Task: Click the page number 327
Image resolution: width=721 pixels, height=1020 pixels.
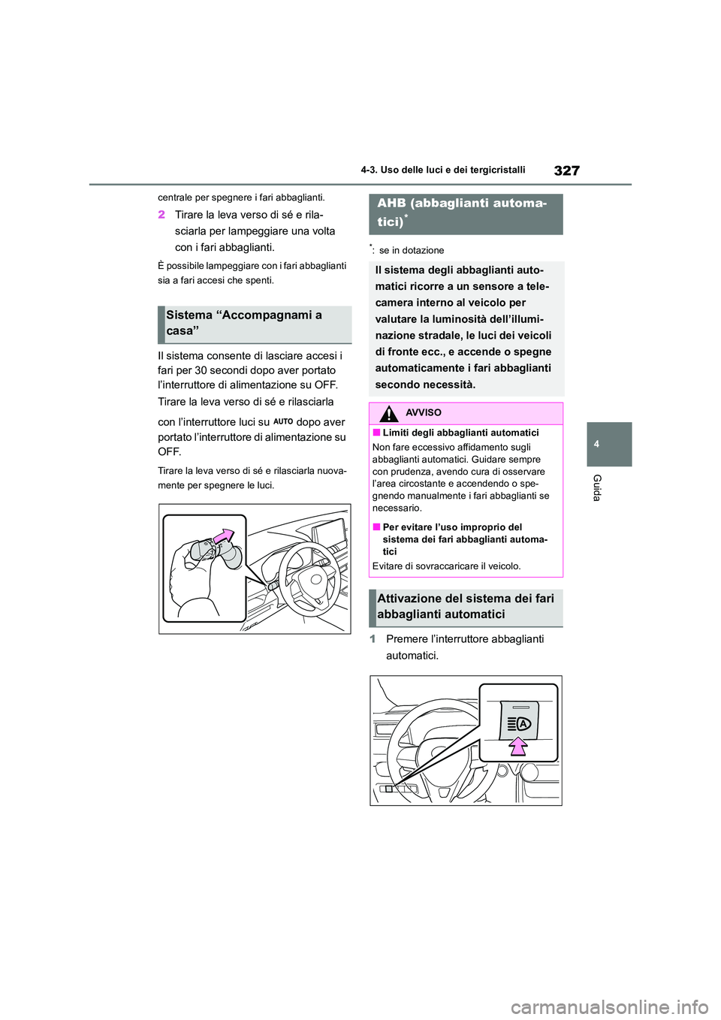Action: tap(566, 171)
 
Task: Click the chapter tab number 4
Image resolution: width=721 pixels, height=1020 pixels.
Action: tap(596, 444)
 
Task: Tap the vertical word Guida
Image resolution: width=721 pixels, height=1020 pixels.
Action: tap(597, 487)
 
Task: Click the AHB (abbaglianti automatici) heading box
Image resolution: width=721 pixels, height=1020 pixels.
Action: tap(466, 213)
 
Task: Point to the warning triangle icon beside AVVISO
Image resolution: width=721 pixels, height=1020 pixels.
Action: tap(389, 412)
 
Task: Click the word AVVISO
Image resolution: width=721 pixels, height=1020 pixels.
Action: tap(423, 412)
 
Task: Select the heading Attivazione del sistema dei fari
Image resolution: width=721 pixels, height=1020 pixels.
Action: tap(466, 606)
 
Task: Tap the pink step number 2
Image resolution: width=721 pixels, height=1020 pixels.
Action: tap(161, 215)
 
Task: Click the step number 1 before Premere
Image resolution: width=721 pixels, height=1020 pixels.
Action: tap(373, 639)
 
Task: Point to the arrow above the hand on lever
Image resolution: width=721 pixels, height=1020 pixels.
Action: tap(225, 536)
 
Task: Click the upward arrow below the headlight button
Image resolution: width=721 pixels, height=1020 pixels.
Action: tap(517, 746)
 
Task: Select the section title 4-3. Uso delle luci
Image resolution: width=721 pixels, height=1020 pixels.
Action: tap(442, 170)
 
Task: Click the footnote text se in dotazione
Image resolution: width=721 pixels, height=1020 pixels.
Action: tap(411, 250)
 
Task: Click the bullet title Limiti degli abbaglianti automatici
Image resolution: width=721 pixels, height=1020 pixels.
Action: tap(460, 433)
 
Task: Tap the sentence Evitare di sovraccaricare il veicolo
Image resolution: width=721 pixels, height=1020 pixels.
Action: tap(446, 566)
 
